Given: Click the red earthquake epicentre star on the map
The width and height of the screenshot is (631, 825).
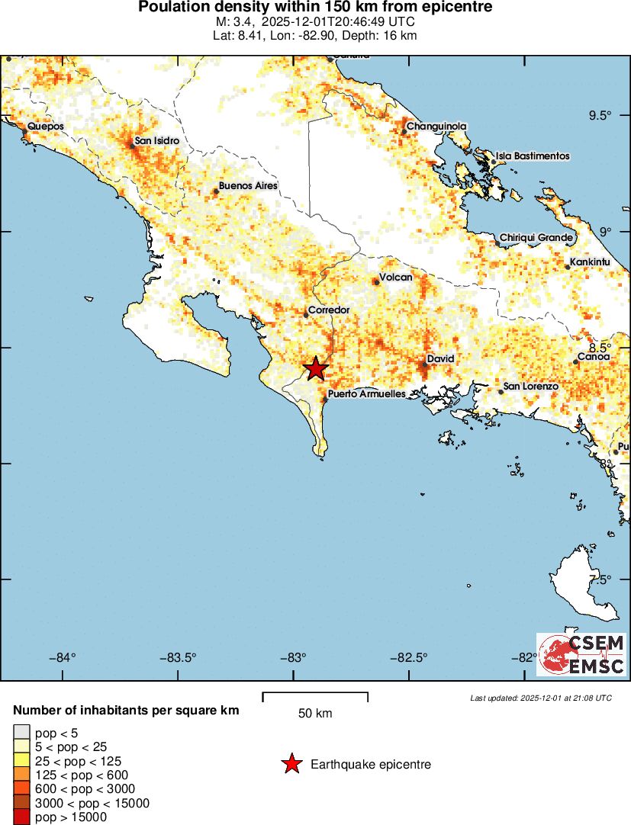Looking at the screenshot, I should point(316,368).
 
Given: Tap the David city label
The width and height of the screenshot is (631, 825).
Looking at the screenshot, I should point(440,358).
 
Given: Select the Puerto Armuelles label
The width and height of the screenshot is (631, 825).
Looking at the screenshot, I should point(366,394).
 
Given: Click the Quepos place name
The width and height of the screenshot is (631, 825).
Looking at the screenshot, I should point(45,127).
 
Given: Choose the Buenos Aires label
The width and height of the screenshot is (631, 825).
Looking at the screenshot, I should point(248,185).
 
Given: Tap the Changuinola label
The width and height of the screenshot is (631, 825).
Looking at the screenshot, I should point(436,127).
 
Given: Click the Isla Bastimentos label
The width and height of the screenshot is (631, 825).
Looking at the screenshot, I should point(533,156).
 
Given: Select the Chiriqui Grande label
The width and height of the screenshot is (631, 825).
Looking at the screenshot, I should point(536,238).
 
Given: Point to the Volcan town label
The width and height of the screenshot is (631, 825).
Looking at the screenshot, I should point(396,278).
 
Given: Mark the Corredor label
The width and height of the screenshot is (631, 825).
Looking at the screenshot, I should point(329,310).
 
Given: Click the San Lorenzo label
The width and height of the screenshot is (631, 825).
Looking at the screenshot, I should point(531,387).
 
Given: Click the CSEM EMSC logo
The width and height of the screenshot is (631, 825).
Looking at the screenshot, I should point(581,654).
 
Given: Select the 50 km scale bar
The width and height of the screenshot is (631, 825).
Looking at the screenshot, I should point(315,697).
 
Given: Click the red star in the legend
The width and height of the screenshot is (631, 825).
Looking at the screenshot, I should point(291,764).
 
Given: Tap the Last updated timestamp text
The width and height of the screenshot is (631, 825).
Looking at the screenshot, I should point(540,698).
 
